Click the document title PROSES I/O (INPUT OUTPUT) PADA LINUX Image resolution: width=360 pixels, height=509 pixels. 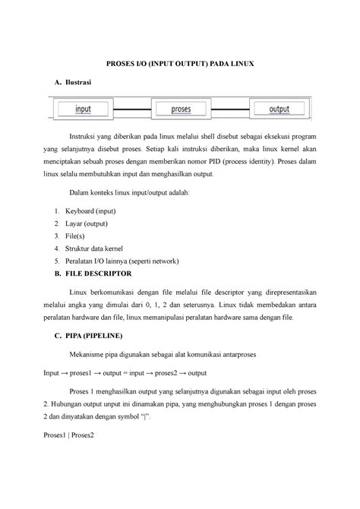179,67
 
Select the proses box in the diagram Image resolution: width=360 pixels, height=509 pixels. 181,109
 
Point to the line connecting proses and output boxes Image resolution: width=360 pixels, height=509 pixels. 230,109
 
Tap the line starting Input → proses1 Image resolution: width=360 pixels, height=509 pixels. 125,374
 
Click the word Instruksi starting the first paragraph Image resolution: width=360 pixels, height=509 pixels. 87,134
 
